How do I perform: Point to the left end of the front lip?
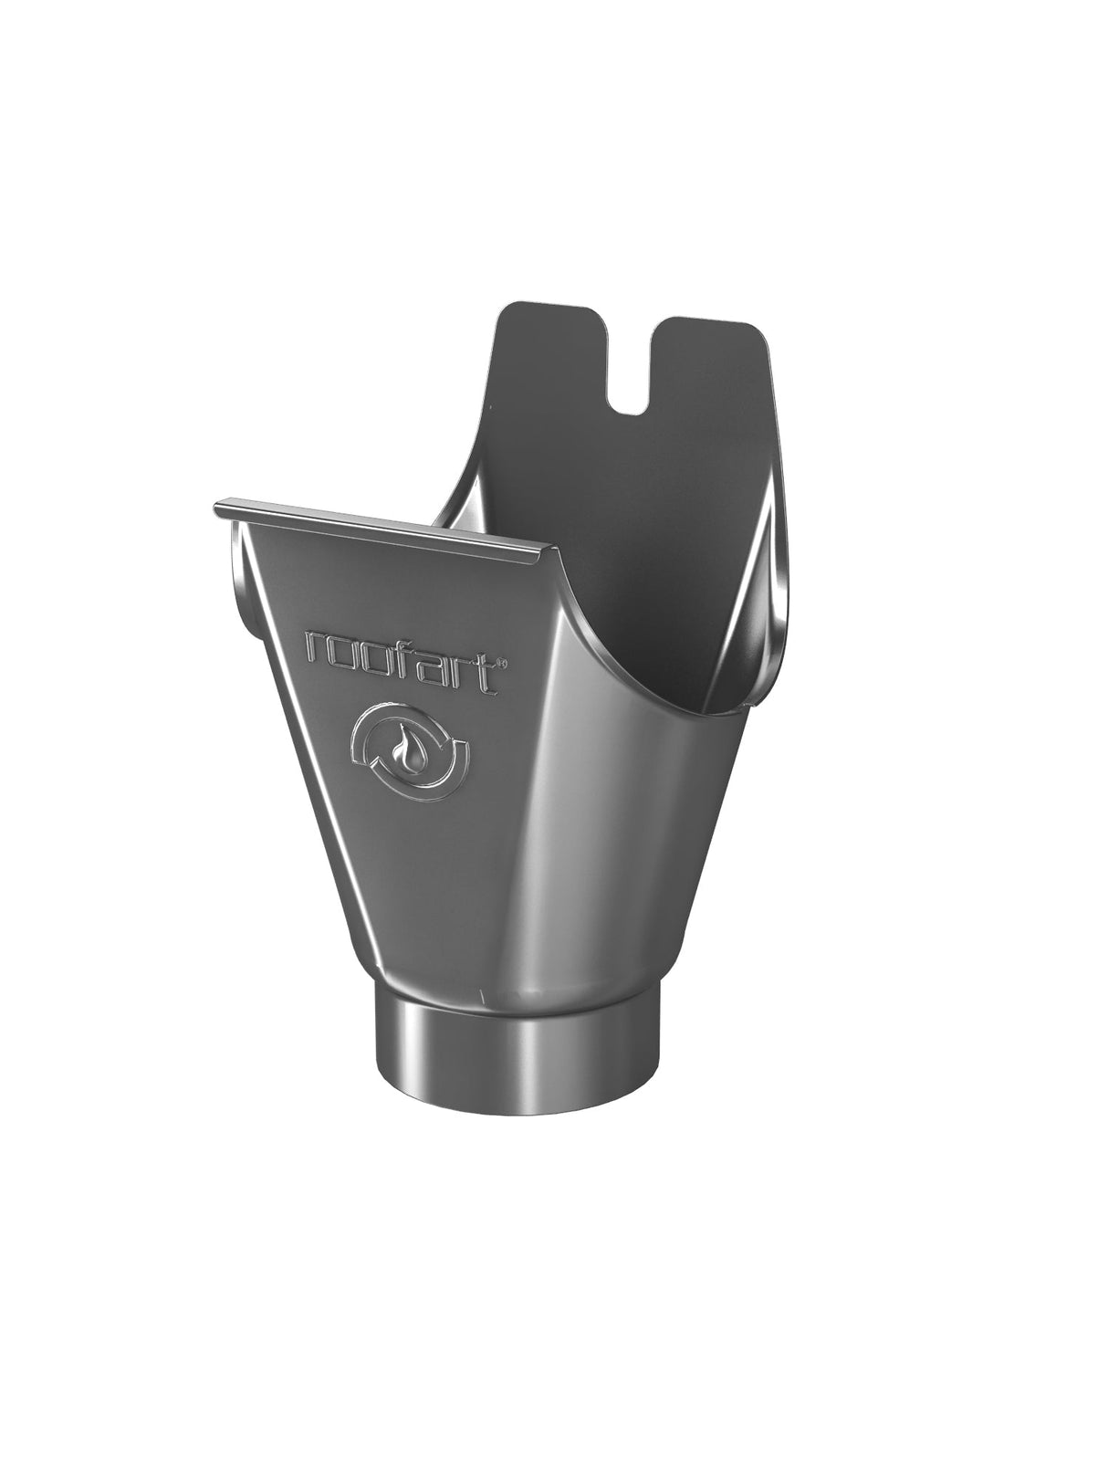coord(219,508)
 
